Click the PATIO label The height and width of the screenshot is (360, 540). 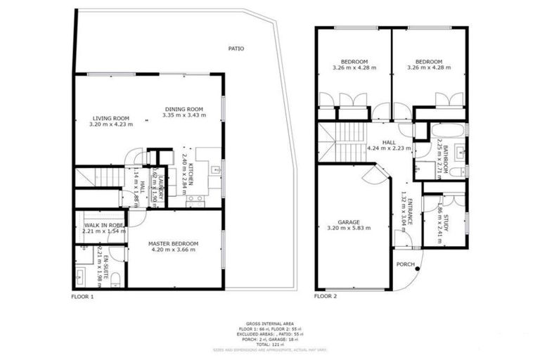point(236,49)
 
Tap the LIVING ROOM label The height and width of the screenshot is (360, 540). point(111,118)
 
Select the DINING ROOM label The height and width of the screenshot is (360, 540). point(184,109)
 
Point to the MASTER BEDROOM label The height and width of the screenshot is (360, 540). point(173,244)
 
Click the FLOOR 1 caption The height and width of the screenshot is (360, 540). point(82,297)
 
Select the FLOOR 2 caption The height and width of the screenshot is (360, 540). point(326,297)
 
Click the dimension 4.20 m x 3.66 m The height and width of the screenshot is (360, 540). point(173,250)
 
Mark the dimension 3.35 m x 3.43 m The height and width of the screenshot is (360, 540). point(184,115)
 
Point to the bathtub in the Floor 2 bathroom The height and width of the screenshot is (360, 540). point(447,131)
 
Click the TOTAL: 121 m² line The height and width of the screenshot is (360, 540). point(270,344)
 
